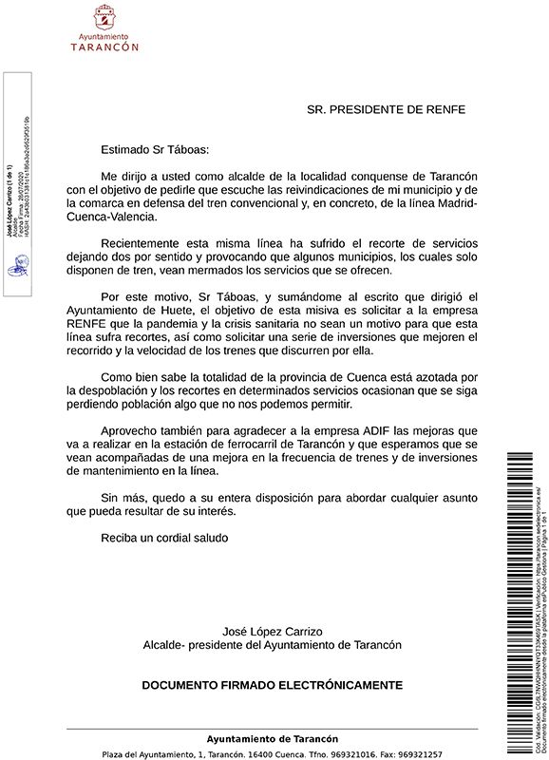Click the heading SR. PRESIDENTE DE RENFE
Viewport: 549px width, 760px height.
386,109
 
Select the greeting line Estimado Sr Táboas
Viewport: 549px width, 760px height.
153,149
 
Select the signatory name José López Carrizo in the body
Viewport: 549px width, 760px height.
272,631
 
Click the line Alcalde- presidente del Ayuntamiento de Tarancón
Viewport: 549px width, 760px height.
272,645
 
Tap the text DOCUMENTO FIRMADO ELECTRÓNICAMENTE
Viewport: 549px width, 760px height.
272,684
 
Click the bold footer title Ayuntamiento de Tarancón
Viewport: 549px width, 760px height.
272,738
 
